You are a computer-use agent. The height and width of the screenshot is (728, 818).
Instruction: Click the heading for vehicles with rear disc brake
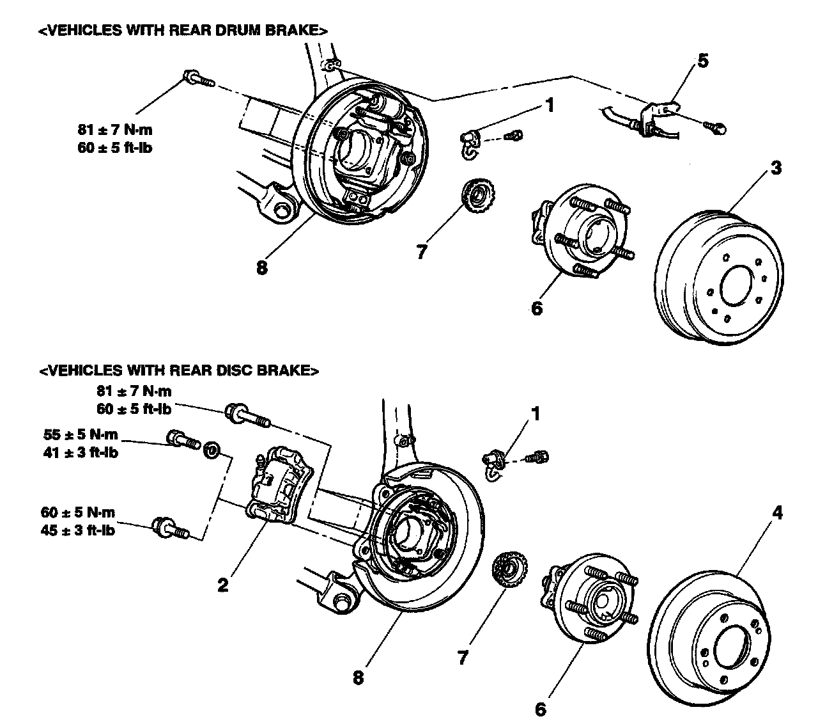click(178, 370)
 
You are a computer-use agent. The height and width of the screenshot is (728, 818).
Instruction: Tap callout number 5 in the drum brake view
click(702, 61)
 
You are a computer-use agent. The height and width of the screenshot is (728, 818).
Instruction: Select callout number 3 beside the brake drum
click(776, 168)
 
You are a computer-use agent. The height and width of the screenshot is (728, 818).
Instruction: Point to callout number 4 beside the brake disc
click(778, 512)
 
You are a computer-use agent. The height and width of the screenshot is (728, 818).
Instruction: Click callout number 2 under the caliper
click(223, 585)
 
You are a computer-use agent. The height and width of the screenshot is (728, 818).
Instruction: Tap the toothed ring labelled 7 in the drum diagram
click(476, 196)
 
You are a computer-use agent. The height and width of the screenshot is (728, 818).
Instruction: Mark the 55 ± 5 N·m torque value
click(81, 434)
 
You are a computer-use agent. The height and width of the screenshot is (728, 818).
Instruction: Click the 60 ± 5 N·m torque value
click(77, 512)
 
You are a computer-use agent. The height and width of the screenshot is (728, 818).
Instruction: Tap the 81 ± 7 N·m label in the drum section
click(115, 130)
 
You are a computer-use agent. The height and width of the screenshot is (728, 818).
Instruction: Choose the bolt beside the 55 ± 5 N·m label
click(181, 439)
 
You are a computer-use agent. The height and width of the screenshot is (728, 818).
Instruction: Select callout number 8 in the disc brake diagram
click(358, 677)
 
